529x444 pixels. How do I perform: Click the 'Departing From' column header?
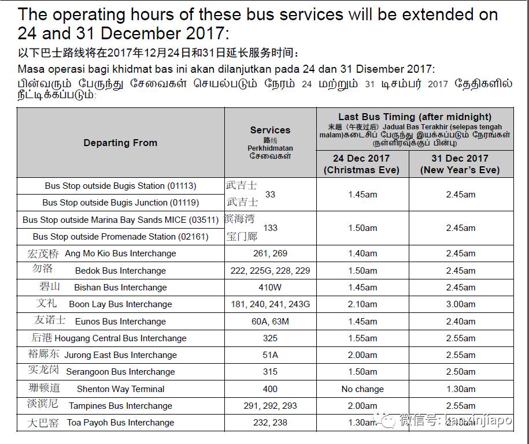click(120, 143)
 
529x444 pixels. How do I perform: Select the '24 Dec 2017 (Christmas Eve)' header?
click(362, 164)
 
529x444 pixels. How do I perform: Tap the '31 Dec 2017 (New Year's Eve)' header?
click(460, 164)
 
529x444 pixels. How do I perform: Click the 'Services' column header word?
click(270, 130)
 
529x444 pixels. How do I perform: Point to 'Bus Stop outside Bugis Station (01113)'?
click(120, 186)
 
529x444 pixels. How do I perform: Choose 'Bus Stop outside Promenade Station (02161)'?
click(120, 236)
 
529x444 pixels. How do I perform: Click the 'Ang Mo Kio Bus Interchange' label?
click(120, 253)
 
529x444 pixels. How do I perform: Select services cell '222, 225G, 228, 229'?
click(270, 271)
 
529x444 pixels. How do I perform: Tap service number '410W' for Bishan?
click(270, 288)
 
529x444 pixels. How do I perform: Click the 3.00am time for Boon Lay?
click(461, 304)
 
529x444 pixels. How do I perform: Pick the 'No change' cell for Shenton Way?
click(362, 389)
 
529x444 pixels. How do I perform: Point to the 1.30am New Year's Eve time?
click(461, 389)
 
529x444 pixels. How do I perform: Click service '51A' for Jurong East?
click(270, 355)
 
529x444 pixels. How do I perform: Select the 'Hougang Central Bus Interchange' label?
click(124, 338)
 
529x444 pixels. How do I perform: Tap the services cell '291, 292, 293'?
click(270, 406)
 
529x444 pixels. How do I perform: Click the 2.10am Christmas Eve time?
click(362, 304)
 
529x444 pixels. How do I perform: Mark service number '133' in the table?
click(270, 228)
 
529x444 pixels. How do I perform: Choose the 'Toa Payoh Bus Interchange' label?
click(120, 423)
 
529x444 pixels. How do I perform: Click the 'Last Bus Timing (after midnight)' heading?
click(415, 117)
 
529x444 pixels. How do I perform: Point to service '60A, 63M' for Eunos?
click(270, 322)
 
